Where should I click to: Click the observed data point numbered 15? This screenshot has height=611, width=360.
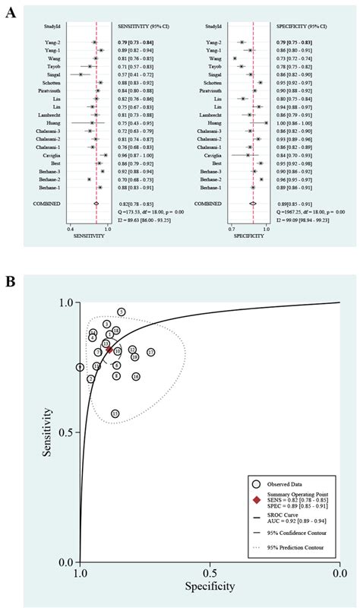point(115,413)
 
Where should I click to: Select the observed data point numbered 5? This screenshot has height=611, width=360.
point(122,312)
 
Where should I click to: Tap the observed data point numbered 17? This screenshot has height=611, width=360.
point(151,353)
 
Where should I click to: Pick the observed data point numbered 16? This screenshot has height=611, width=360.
point(136,376)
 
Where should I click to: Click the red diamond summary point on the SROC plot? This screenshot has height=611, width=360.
point(110,350)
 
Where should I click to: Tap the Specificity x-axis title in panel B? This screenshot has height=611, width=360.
point(210,587)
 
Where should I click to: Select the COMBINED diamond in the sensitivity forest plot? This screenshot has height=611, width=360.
point(96,204)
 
